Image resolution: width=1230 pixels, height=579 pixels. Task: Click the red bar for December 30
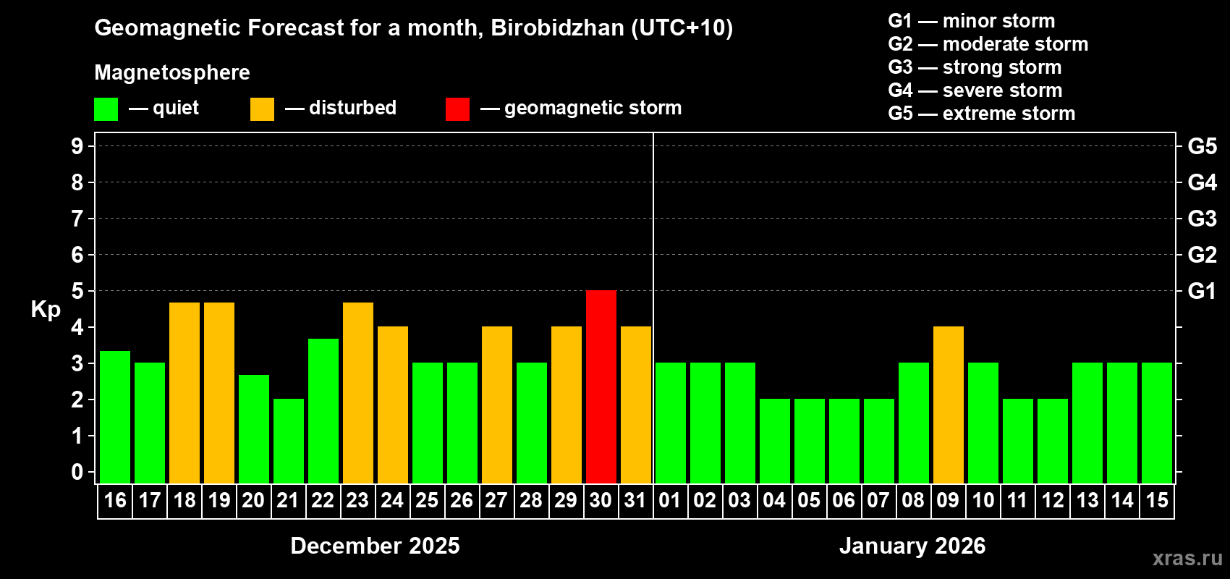point(601,386)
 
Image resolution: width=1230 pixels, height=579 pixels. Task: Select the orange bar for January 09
point(949,405)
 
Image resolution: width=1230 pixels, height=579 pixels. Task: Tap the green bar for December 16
point(115,417)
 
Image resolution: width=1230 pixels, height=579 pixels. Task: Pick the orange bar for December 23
point(358,393)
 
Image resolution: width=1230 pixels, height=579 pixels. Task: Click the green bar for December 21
point(289,441)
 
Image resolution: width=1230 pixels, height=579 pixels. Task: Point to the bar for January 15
point(1157,423)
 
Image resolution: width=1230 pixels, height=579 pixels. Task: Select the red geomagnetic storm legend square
point(457,109)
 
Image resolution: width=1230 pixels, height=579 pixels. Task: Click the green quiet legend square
point(106,109)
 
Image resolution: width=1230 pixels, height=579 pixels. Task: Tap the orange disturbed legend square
point(262,109)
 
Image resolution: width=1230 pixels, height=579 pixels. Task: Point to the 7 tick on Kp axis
point(77,219)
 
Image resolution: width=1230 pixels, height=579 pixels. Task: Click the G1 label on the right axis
point(1202,291)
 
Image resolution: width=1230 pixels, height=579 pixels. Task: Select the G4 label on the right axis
point(1202,182)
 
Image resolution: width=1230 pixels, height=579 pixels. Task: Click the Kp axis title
point(46,310)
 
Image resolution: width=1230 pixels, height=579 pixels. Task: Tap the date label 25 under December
point(427,500)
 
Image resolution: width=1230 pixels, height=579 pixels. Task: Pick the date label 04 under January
point(774,500)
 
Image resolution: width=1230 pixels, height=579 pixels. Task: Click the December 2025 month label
point(375,546)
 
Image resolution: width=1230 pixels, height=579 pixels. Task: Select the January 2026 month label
point(912,546)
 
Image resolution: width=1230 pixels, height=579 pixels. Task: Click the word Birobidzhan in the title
point(557,28)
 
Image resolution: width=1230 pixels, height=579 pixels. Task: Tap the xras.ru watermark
point(1187,558)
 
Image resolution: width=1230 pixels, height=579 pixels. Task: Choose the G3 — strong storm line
point(975,67)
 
